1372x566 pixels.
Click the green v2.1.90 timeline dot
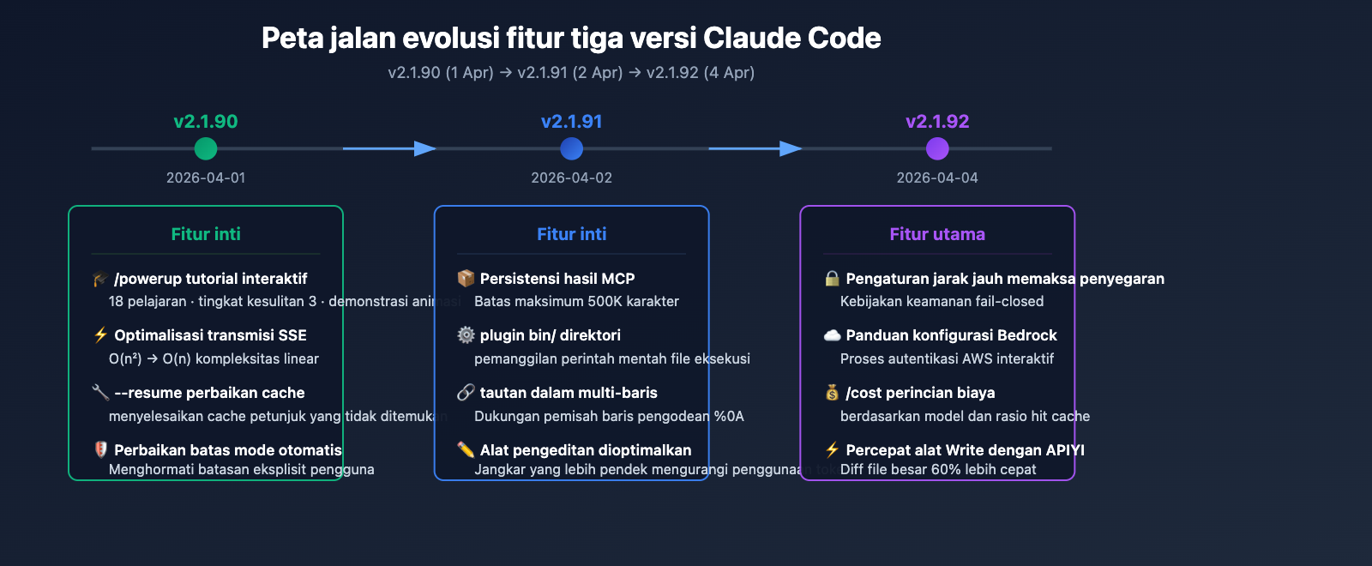pos(206,148)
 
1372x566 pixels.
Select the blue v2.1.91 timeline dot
pos(571,148)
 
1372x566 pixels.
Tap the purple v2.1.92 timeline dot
pos(937,148)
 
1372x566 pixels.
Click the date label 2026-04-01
pos(206,178)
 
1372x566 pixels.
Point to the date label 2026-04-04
pos(937,178)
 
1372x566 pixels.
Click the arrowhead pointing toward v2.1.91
pos(424,148)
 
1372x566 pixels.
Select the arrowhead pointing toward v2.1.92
pos(791,148)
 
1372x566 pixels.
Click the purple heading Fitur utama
pos(937,234)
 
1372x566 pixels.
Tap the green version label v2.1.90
pos(206,122)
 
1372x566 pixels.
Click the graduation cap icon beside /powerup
pos(100,279)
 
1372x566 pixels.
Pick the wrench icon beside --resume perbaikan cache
pos(100,393)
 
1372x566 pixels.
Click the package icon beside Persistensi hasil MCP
pos(466,279)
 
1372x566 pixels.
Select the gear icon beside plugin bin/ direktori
pos(466,335)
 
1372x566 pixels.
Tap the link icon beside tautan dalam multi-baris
pos(466,393)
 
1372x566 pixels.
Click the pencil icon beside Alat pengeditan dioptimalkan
pos(466,449)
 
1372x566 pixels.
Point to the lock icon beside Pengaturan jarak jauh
pos(832,279)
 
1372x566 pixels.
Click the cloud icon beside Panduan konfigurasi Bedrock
pos(832,335)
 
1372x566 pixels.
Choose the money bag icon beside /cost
pos(832,393)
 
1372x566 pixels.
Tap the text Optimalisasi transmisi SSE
pos(210,335)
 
